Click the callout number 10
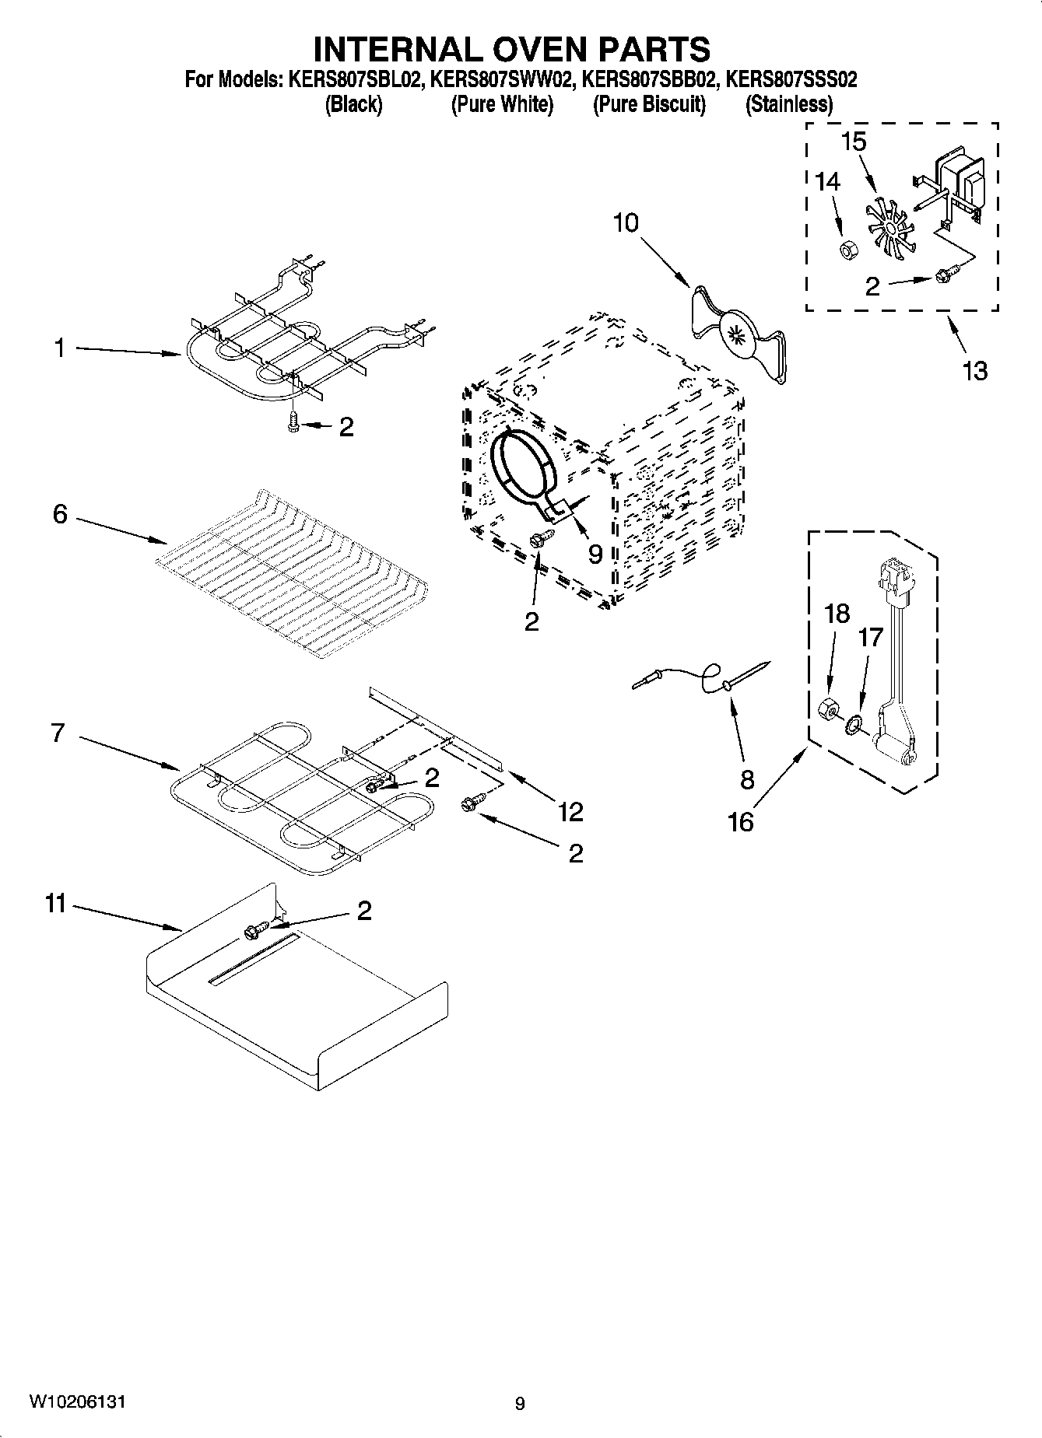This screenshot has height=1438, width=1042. pyautogui.click(x=625, y=223)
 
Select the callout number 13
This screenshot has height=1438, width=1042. pyautogui.click(x=974, y=370)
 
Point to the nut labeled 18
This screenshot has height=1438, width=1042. pyautogui.click(x=828, y=709)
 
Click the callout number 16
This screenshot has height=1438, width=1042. pyautogui.click(x=740, y=821)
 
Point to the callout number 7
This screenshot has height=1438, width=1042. pyautogui.click(x=58, y=733)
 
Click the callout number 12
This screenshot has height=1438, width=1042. pyautogui.click(x=570, y=812)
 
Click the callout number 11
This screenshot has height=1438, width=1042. pyautogui.click(x=55, y=904)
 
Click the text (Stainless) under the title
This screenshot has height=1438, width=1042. pyautogui.click(x=788, y=104)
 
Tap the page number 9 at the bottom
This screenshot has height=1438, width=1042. pyautogui.click(x=520, y=1404)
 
